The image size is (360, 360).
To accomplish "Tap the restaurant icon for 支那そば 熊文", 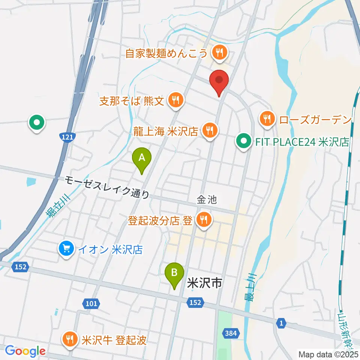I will pos(175,100).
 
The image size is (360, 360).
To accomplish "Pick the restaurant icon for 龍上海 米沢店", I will pos(209,130).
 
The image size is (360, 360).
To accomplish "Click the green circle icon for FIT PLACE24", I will pos(243,142).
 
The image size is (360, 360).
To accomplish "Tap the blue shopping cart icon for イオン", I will pos(66,249).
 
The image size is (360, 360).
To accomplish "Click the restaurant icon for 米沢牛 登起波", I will pos(70,340).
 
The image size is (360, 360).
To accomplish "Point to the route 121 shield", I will pos(66,137).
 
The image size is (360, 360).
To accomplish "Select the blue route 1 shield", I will pos(281,322).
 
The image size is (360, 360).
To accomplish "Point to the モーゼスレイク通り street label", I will pos(107,187).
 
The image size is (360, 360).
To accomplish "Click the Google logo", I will pos(25,351).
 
